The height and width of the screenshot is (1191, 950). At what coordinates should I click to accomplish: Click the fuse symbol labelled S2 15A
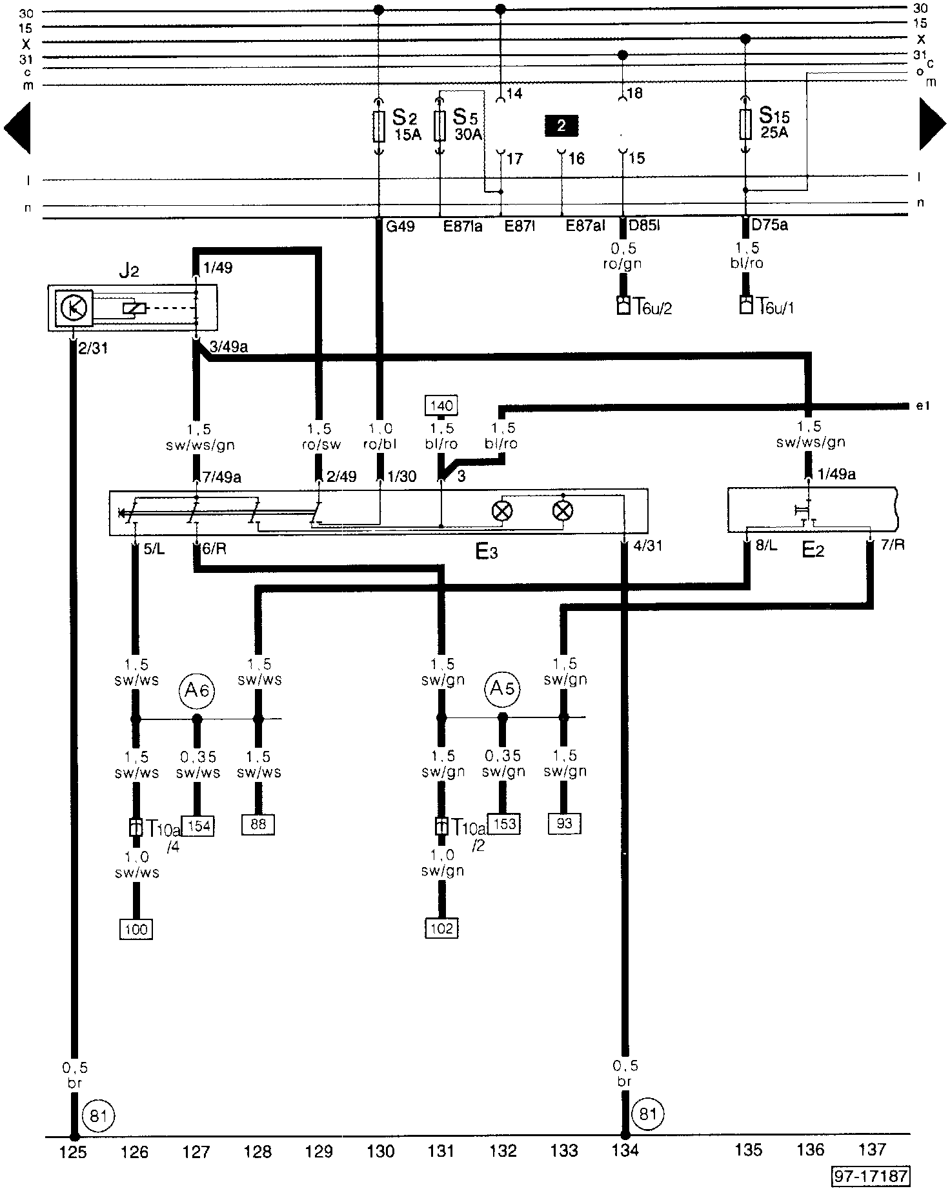379,126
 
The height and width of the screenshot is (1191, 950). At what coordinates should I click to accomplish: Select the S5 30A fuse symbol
440,126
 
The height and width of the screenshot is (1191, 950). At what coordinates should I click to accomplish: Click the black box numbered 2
561,125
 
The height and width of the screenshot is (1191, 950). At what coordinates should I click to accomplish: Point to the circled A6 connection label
196,690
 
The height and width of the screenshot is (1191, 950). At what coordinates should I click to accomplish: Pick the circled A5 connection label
503,689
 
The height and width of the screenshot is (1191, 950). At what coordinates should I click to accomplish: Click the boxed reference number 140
441,406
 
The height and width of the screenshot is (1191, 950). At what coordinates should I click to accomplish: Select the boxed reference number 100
136,929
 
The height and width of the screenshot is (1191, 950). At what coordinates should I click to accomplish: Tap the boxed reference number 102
441,928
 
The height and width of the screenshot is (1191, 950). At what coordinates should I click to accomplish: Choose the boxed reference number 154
197,825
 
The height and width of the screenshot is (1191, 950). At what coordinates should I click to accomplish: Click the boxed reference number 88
258,824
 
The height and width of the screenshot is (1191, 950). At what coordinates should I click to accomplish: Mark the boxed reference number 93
564,823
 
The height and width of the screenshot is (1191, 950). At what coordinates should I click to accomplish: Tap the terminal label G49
400,226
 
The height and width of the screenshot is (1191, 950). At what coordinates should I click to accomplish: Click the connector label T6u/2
651,306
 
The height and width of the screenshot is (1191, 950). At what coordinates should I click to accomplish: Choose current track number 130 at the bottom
380,1150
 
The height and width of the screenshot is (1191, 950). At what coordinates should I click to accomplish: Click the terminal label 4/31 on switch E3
647,546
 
